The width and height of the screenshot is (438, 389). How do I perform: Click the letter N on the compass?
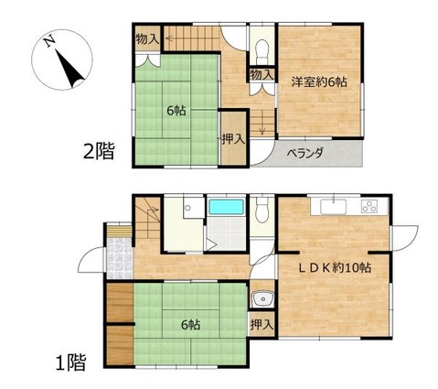[49, 41]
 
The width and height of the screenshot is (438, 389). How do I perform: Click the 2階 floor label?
[99, 151]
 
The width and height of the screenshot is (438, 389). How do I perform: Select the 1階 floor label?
[70, 362]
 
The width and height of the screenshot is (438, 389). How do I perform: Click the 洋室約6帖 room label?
[319, 81]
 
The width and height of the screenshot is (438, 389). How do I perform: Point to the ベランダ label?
[305, 152]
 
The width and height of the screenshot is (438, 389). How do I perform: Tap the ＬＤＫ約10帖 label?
[334, 268]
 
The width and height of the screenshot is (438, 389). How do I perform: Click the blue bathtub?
[227, 207]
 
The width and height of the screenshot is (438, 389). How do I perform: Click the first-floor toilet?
[262, 210]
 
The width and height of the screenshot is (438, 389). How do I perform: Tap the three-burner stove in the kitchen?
[369, 206]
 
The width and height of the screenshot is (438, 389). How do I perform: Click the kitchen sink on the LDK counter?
[333, 207]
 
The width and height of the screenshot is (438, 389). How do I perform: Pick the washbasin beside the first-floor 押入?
[262, 299]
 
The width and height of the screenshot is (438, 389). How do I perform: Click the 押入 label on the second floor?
[233, 139]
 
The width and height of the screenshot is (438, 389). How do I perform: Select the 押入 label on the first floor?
[262, 325]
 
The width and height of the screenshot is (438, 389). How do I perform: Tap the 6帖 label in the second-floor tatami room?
[176, 111]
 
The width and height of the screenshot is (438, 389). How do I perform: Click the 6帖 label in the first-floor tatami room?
[190, 325]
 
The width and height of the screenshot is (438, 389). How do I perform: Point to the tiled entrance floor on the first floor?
[120, 258]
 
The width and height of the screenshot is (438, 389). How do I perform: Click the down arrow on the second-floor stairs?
[262, 126]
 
